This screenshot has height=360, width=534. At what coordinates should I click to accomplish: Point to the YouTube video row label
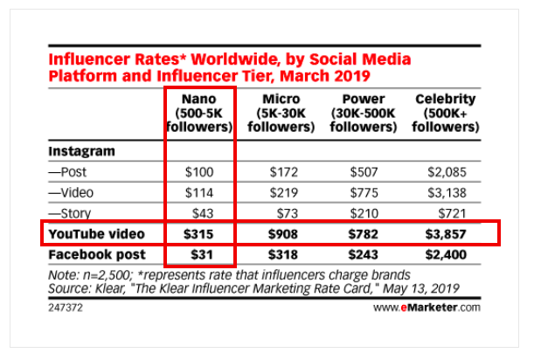click(94, 233)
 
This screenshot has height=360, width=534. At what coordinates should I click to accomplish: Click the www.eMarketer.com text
click(426, 308)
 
